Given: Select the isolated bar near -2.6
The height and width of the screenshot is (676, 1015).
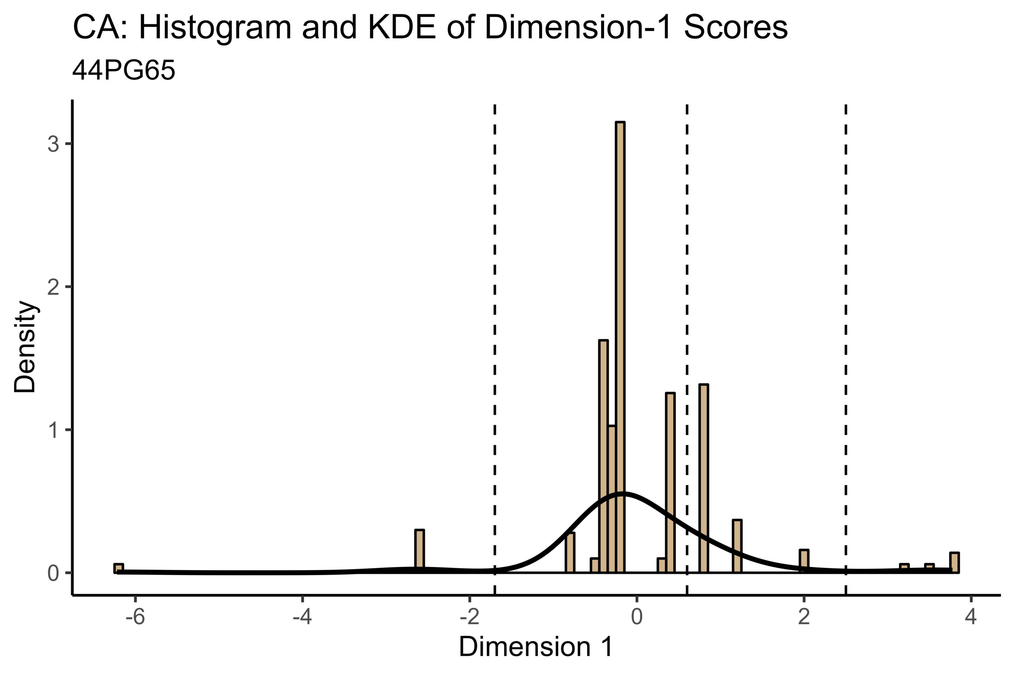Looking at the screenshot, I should (x=419, y=550).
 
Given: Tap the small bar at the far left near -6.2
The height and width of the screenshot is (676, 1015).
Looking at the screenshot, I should (x=119, y=568).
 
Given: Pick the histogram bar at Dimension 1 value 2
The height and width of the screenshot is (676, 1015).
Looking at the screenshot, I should (x=804, y=561).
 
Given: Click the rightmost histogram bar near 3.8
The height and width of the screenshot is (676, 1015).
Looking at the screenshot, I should (x=954, y=563).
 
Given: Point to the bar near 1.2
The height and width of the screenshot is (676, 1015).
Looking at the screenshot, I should (x=737, y=546).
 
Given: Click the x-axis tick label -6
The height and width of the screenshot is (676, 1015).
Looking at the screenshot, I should (x=135, y=617).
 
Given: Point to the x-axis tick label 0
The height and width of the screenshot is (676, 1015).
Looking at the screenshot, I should (x=636, y=617).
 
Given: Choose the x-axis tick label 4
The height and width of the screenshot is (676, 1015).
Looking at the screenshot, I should (x=971, y=617).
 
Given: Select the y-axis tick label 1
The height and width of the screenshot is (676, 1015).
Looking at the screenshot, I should (x=54, y=430).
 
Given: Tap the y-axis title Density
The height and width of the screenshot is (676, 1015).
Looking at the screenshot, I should (x=25, y=347).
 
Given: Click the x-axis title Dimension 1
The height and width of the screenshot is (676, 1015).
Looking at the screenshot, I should (x=536, y=647).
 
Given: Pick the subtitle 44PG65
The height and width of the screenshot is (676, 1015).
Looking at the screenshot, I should (x=124, y=70).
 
